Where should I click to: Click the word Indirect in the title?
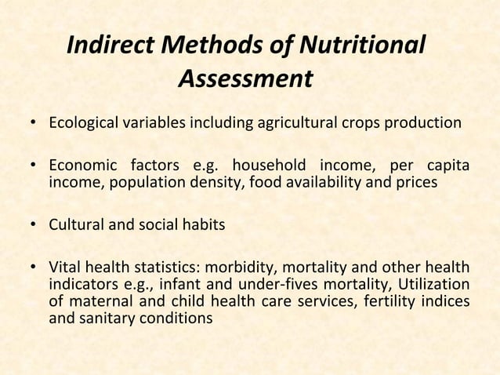coord(111,46)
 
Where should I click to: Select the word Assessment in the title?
coord(245,80)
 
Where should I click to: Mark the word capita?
coord(447,167)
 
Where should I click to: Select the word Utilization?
coord(435,283)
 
